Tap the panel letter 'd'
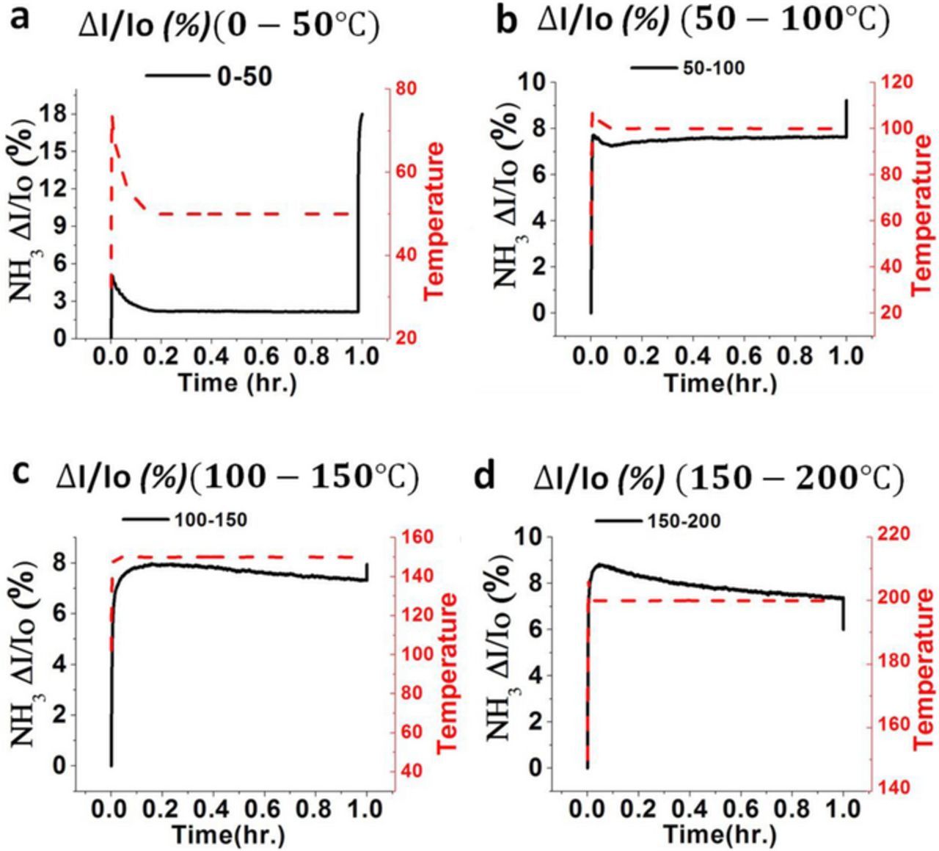(485, 477)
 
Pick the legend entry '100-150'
(211, 520)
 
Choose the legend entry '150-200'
(684, 521)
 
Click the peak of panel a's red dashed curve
(112, 116)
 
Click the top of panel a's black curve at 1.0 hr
(362, 114)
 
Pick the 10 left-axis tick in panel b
(537, 82)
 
